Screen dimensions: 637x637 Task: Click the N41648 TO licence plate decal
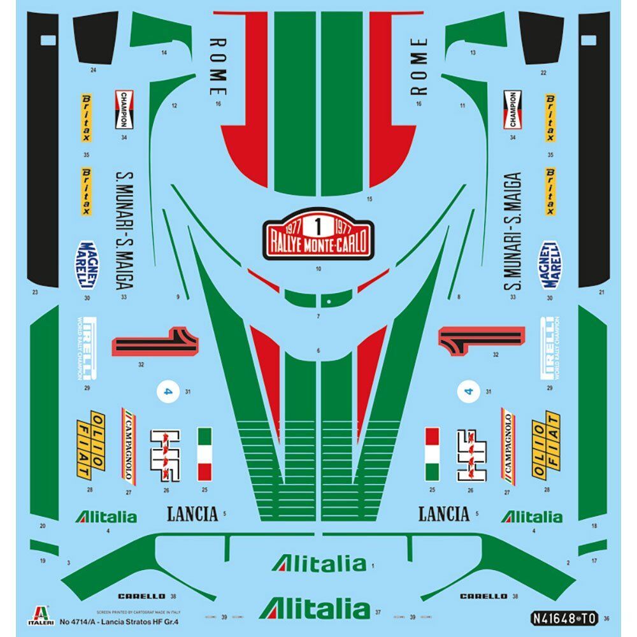pos(564,617)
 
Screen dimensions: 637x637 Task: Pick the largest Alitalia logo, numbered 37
pos(313,608)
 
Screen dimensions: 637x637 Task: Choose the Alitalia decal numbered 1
pos(318,563)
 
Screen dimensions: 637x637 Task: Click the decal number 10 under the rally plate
pos(318,269)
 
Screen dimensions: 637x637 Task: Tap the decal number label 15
pos(369,199)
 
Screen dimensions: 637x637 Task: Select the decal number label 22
pos(543,73)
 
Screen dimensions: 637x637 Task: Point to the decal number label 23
pos(35,292)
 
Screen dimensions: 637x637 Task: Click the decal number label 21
pos(601,292)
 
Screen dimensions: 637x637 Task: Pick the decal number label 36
pos(606,617)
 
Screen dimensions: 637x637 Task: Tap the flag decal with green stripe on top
pos(204,454)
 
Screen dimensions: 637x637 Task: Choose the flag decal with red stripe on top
pos(432,454)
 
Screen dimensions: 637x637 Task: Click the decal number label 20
pos(43,526)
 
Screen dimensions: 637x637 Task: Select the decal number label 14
pos(164,53)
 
